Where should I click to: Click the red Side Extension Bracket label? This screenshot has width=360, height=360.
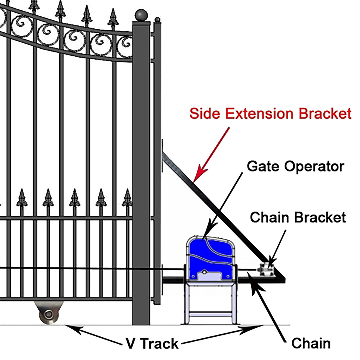(270, 114)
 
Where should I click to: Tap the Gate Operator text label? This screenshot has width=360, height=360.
(295, 166)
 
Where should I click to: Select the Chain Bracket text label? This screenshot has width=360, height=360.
(298, 218)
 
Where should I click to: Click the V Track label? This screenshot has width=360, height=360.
(152, 343)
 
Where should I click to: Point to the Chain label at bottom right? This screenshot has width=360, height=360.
(311, 343)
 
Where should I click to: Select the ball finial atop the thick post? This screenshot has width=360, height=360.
(141, 15)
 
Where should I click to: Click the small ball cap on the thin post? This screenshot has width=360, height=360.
(157, 20)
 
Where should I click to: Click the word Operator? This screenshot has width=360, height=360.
(314, 166)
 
